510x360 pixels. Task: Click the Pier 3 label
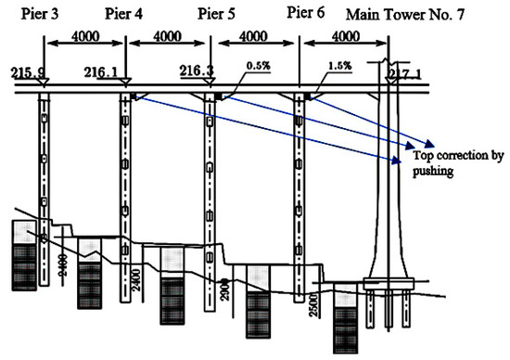click(32, 14)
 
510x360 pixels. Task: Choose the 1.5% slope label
click(338, 66)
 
